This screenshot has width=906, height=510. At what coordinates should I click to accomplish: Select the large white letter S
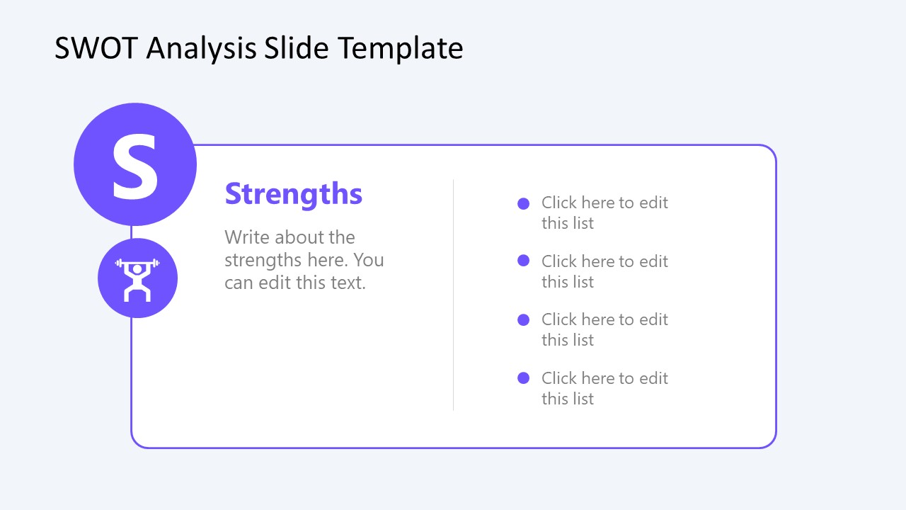135,167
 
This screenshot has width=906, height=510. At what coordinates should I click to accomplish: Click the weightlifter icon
137,278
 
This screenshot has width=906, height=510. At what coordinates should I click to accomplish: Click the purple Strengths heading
293,194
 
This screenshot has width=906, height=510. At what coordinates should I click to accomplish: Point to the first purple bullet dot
524,204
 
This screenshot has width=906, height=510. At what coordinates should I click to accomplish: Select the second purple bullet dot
524,261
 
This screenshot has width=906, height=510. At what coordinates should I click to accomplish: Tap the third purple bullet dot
524,319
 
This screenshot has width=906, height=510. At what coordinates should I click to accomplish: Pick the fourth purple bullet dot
524,378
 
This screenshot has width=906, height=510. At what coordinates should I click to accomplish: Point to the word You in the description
368,260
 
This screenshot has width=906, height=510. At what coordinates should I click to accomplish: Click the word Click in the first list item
559,203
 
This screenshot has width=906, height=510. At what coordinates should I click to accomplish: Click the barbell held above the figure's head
137,263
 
